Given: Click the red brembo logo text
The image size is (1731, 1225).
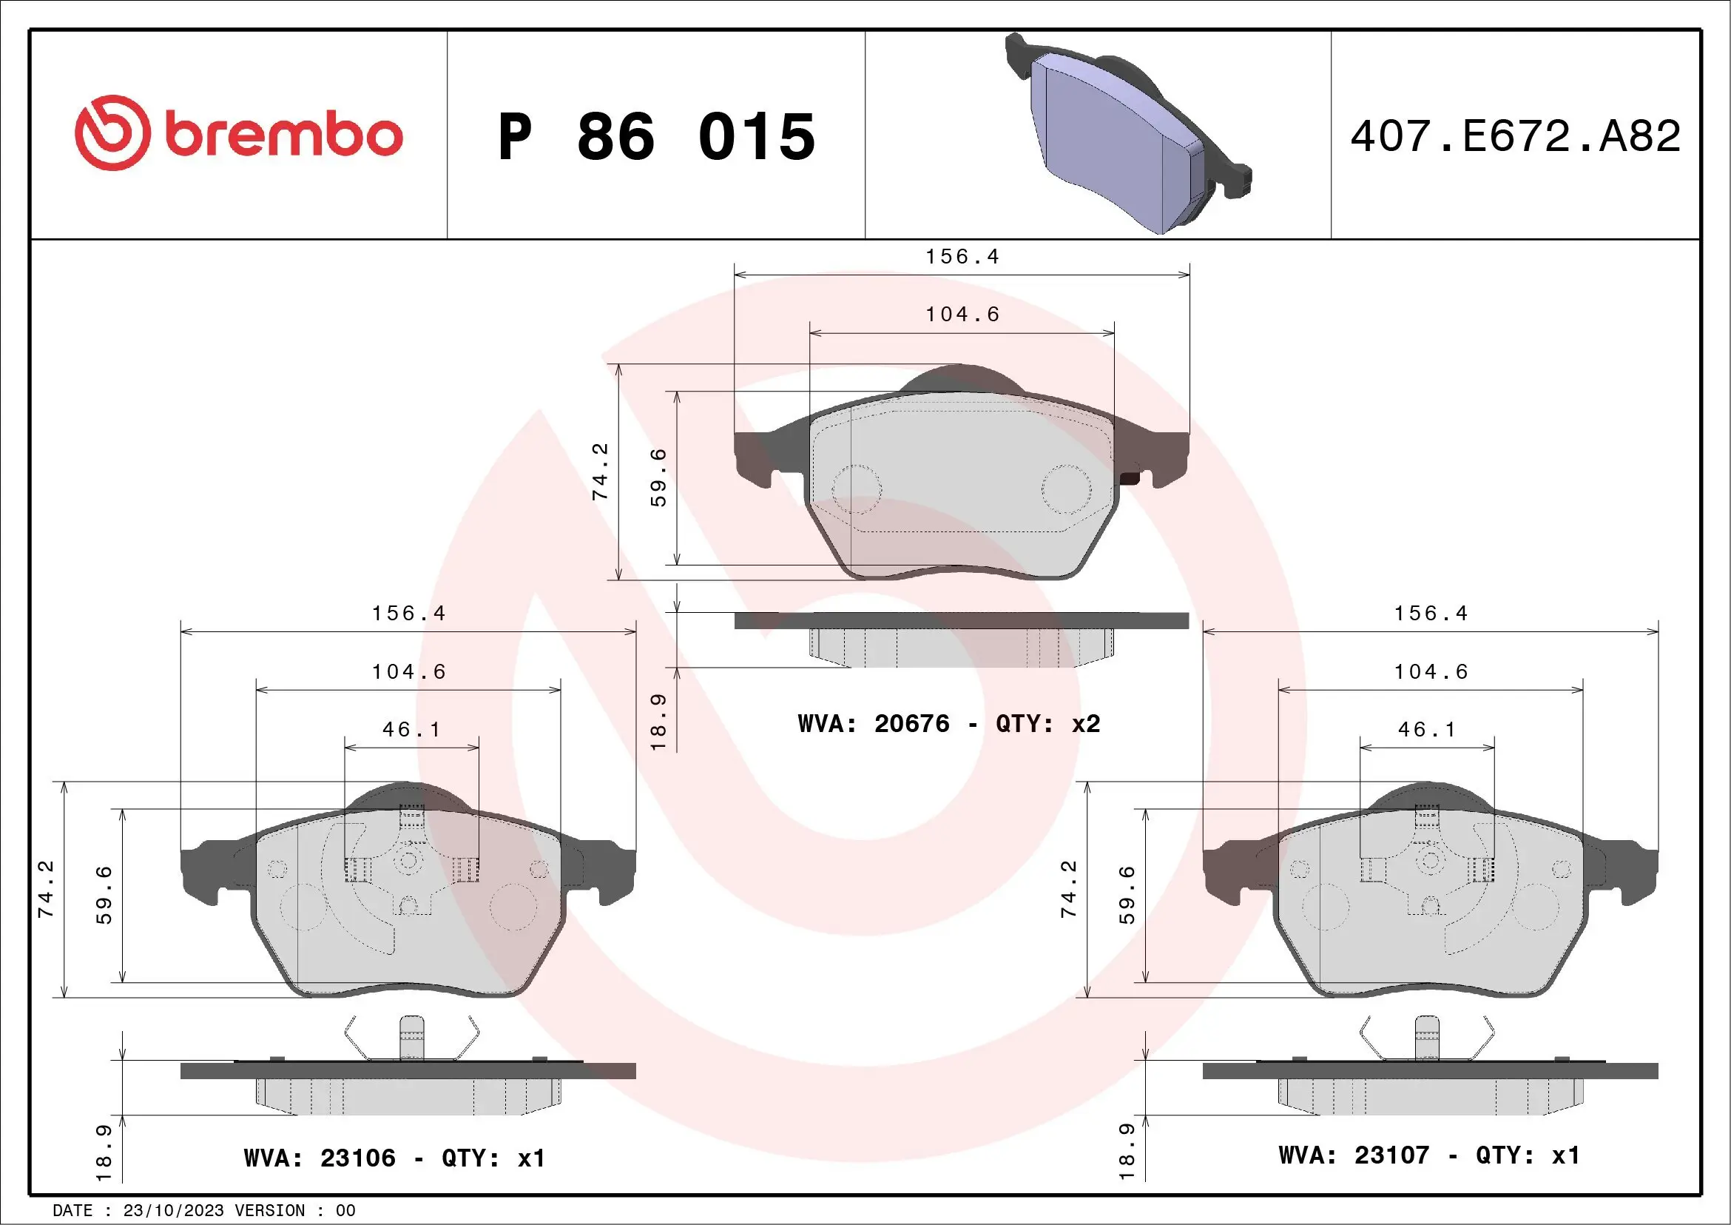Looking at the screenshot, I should (x=283, y=135).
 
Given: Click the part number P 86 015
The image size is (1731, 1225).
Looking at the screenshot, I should (x=656, y=136).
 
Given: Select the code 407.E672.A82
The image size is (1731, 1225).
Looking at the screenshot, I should (x=1516, y=135).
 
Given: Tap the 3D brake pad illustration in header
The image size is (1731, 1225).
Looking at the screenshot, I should (x=1127, y=133).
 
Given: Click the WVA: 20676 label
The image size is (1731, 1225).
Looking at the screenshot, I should (x=873, y=724).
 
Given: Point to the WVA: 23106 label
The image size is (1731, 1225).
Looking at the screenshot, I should (x=320, y=1158).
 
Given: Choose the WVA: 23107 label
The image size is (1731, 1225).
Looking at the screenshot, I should (x=1353, y=1155).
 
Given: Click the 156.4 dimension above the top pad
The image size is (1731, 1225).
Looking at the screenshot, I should (x=962, y=256).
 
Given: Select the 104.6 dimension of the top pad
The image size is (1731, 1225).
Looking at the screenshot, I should (x=962, y=315).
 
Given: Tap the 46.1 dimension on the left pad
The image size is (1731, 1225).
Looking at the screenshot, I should (x=411, y=729).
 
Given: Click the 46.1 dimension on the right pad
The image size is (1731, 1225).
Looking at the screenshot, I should (x=1426, y=729).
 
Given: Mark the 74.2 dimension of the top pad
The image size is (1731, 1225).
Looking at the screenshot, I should (x=600, y=471).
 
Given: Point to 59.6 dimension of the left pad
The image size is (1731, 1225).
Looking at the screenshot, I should (x=104, y=896).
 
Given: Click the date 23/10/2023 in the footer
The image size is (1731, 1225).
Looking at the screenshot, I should (x=173, y=1211).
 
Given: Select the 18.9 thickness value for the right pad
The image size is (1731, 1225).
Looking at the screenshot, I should (x=1127, y=1151).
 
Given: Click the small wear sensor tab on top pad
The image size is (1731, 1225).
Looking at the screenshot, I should (x=1131, y=477).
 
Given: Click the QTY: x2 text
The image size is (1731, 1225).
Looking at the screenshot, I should (x=1048, y=724).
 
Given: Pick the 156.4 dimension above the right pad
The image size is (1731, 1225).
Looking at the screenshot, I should (x=1431, y=614).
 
